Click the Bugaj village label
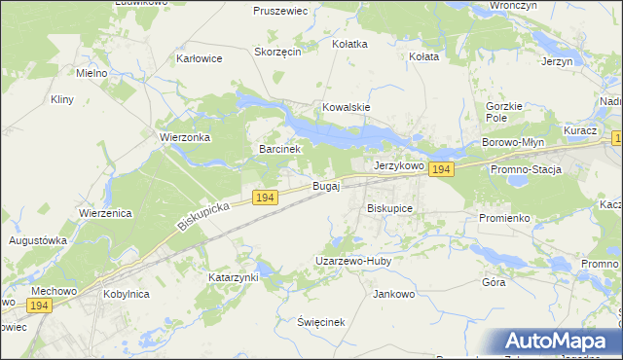(x=326, y=185)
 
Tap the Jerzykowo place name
(x=399, y=166)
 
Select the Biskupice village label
(x=389, y=208)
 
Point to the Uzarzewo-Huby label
(x=352, y=261)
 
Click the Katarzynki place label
(x=234, y=277)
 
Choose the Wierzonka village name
(x=186, y=138)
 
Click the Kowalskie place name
(x=347, y=108)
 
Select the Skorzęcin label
(x=276, y=52)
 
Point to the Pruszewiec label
(x=280, y=11)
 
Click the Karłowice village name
(x=200, y=58)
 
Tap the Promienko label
(x=504, y=218)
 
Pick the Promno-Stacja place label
(x=527, y=170)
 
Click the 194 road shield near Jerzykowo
(x=441, y=169)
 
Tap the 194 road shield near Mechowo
(x=39, y=306)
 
